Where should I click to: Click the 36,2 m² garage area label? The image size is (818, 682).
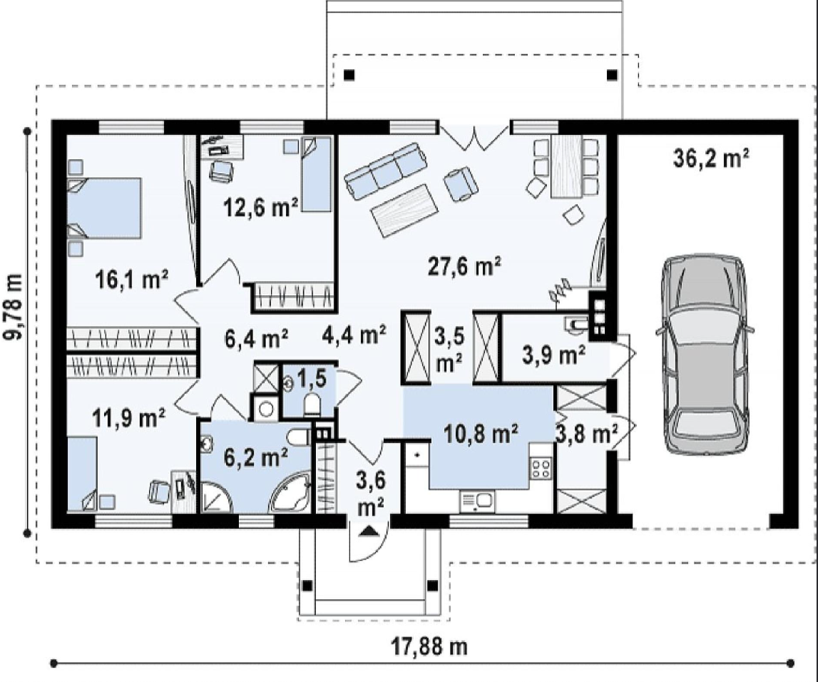pyautogui.click(x=711, y=158)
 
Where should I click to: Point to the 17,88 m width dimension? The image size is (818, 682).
pyautogui.click(x=429, y=646)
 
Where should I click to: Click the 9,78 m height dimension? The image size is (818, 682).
pyautogui.click(x=14, y=306)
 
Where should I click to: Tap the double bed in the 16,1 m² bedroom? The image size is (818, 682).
pyautogui.click(x=104, y=208)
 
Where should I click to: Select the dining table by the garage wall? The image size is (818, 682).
pyautogui.click(x=566, y=166)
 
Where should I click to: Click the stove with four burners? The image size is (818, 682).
pyautogui.click(x=541, y=467)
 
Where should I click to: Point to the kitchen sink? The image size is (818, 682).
pyautogui.click(x=477, y=502)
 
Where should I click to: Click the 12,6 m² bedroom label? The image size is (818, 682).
pyautogui.click(x=261, y=207)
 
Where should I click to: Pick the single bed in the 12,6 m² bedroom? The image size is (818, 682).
pyautogui.click(x=317, y=174)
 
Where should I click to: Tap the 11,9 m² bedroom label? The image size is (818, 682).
pyautogui.click(x=129, y=417)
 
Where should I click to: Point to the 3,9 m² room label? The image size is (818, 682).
pyautogui.click(x=553, y=355)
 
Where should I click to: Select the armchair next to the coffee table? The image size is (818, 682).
pyautogui.click(x=461, y=183)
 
